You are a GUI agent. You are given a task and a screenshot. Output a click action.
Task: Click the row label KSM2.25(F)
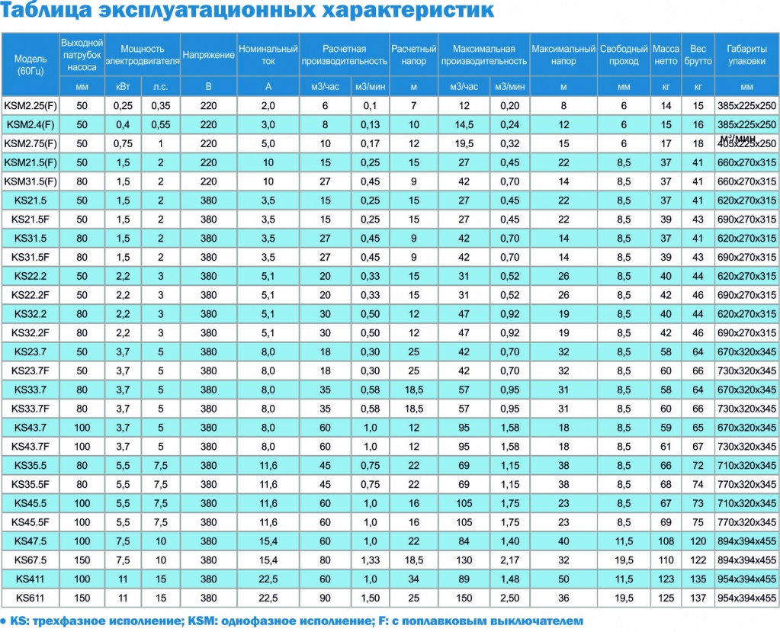pos(30,105)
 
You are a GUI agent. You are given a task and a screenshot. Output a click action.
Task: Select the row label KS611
pos(30,598)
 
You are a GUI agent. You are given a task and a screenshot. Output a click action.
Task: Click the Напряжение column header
pos(208,55)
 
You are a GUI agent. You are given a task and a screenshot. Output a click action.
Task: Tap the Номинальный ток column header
pos(268,55)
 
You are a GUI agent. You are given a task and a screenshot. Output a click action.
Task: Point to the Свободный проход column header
pos(624,55)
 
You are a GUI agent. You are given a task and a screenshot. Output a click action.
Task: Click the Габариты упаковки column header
pos(746,55)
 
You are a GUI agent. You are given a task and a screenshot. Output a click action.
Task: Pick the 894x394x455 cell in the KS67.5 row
pos(746,560)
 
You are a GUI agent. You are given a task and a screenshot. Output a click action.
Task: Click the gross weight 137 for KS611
pos(698,598)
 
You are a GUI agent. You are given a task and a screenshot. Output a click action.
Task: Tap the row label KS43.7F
pos(30,446)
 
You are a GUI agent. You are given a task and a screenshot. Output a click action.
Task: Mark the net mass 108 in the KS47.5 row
pos(666,541)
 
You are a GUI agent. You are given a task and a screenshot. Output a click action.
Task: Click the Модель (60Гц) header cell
pos(30,65)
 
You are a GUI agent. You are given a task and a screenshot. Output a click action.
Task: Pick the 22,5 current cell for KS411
pos(268,579)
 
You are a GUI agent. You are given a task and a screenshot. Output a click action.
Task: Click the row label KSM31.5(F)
pos(30,181)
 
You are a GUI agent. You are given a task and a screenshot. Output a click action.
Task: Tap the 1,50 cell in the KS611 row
pos(371,598)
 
